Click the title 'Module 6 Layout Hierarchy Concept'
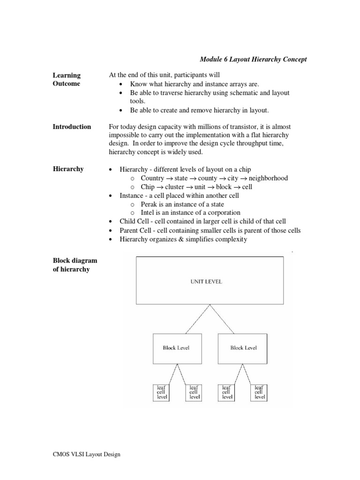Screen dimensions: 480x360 pyautogui.click(x=253, y=59)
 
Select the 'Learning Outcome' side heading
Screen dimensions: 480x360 pyautogui.click(x=67, y=79)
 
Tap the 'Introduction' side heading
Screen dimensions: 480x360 pyautogui.click(x=72, y=127)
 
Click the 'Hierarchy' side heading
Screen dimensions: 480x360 pyautogui.click(x=68, y=169)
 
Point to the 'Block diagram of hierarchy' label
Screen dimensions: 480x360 pyautogui.click(x=75, y=265)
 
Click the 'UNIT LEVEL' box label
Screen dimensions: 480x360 pyautogui.click(x=206, y=282)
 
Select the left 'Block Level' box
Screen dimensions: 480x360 pyautogui.click(x=176, y=348)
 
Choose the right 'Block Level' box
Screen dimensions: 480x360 pyautogui.click(x=244, y=348)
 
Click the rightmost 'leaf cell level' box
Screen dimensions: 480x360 pyautogui.click(x=259, y=392)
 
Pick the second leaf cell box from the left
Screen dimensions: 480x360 pyautogui.click(x=194, y=392)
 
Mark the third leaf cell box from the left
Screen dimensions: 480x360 pyautogui.click(x=227, y=392)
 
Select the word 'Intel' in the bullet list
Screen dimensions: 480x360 pyautogui.click(x=148, y=212)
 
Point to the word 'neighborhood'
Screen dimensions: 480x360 pyautogui.click(x=268, y=178)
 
